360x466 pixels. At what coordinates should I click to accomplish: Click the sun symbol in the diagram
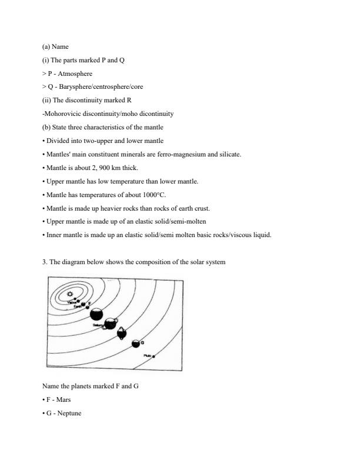point(70,294)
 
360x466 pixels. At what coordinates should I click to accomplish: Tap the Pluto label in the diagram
point(147,355)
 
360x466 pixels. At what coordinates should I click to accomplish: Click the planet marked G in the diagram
point(136,342)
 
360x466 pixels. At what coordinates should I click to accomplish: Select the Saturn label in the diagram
point(98,325)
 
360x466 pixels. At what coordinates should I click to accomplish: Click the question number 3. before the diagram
point(45,262)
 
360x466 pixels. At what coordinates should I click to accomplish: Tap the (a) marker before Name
point(46,46)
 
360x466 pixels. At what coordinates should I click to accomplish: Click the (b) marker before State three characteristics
point(46,127)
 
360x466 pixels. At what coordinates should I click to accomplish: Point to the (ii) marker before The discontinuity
point(47,100)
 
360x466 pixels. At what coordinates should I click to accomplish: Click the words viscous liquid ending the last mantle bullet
point(254,235)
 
